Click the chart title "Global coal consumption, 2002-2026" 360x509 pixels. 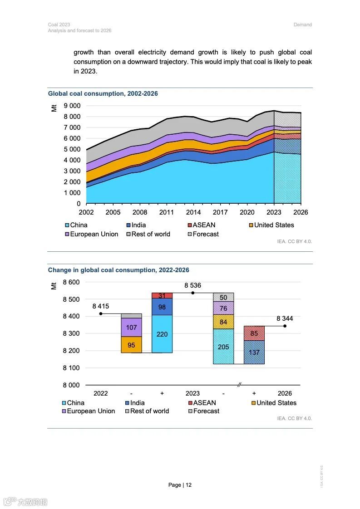point(103,94)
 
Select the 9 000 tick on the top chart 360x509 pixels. point(72,106)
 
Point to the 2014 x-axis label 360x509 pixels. point(193,212)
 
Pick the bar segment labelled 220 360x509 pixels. point(162,334)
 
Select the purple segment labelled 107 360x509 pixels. point(131,327)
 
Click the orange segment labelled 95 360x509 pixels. point(131,345)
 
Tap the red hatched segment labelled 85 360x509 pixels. point(254,333)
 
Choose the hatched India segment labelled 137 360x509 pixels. point(254,352)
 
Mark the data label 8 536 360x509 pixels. point(192,286)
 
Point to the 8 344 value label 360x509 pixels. point(285,318)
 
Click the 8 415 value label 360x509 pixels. point(101,306)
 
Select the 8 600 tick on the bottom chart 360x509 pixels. point(71,282)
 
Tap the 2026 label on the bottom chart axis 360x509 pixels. point(285,393)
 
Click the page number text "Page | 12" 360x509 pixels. point(180,485)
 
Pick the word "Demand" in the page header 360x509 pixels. point(302,25)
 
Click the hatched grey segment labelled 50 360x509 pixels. point(223,297)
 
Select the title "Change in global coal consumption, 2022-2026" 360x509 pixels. point(118,270)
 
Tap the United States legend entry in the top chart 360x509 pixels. point(274,225)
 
